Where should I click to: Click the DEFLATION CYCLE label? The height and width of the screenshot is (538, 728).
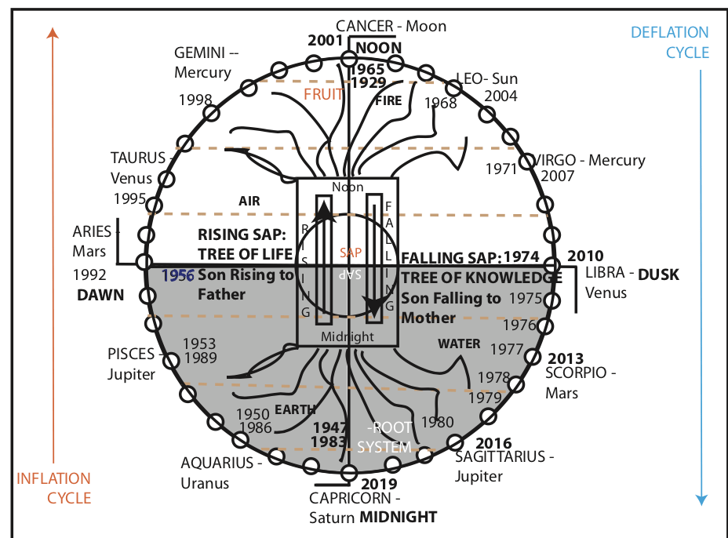click(670, 43)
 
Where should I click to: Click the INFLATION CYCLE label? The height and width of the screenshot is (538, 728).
click(54, 488)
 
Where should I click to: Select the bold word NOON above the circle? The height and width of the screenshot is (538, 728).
click(379, 48)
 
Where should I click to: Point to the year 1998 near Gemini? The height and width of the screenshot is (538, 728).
click(195, 100)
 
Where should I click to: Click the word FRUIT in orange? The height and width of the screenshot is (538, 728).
click(323, 95)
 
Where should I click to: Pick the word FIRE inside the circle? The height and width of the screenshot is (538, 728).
click(388, 100)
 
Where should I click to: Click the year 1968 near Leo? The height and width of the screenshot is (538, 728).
click(440, 103)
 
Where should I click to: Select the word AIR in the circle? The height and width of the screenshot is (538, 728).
click(249, 201)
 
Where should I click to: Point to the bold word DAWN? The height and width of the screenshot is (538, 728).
click(100, 294)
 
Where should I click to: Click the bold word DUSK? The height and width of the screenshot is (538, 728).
click(657, 275)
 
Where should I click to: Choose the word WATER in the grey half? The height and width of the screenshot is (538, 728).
click(459, 344)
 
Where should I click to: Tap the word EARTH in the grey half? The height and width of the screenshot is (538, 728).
click(295, 409)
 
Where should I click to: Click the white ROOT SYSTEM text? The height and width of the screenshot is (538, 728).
click(384, 438)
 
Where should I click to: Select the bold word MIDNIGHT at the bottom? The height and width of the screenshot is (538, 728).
click(398, 517)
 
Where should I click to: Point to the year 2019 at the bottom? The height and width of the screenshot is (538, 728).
click(378, 485)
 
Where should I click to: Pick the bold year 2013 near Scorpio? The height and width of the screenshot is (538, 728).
click(565, 359)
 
